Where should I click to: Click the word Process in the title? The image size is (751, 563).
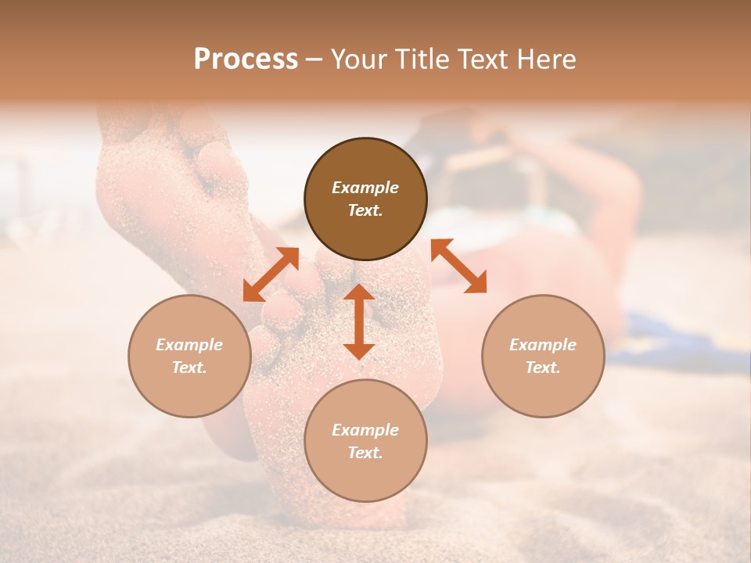coord(246,59)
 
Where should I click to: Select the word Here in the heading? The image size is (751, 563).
coord(547,59)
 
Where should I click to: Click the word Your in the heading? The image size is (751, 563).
coord(359,59)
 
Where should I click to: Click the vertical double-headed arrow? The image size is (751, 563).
coord(359,321)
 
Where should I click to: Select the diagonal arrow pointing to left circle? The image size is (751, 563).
coord(271,274)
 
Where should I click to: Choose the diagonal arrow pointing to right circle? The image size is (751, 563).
coord(458,266)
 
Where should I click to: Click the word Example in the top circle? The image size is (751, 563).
coord(365,188)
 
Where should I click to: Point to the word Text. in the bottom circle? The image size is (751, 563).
coord(365,453)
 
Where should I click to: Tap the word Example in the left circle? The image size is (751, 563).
coord(189,345)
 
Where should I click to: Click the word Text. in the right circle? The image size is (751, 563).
coord(543,368)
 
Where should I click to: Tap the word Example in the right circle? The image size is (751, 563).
coord(543,345)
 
